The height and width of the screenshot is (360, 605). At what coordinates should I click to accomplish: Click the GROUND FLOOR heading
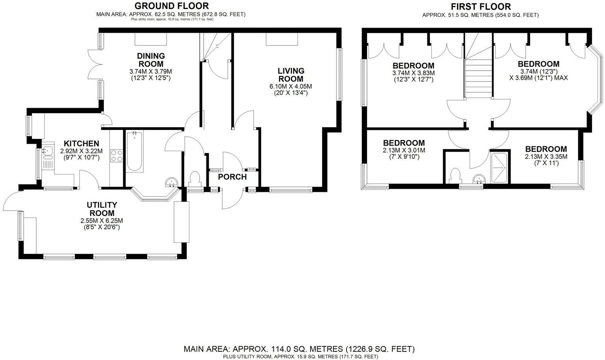(171, 6)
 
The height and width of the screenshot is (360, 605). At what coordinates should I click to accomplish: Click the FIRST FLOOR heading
(481, 7)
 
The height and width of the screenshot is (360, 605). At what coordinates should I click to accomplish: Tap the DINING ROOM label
(151, 60)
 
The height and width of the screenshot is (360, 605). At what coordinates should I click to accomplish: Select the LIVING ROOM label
(291, 75)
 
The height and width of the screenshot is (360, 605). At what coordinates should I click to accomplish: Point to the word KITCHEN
(81, 144)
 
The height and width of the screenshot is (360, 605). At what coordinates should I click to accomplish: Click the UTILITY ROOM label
(102, 209)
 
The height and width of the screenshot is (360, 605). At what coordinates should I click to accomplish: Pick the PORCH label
(232, 177)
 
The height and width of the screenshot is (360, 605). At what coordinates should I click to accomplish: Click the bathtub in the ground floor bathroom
(135, 152)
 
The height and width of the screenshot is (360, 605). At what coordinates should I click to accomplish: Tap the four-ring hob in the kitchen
(116, 156)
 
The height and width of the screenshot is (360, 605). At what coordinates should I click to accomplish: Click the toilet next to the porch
(195, 178)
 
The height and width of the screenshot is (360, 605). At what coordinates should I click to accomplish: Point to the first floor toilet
(455, 176)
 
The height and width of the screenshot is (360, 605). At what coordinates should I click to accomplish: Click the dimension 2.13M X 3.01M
(404, 150)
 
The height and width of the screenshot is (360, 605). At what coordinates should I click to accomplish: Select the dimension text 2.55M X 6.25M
(102, 221)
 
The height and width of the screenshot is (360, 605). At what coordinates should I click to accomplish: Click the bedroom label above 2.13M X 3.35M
(546, 149)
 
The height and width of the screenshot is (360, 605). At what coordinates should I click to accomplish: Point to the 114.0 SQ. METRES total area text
(299, 349)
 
